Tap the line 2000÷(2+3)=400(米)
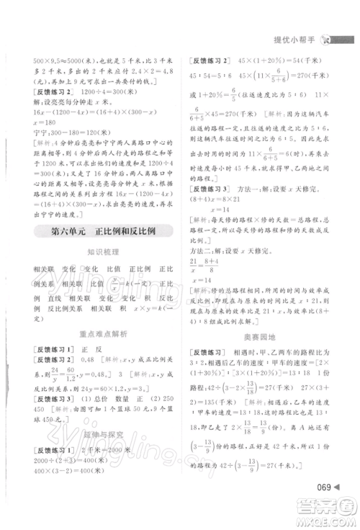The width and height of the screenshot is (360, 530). point(70,462)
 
